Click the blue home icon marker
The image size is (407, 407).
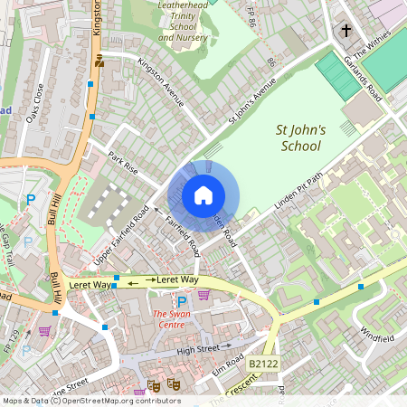pos(203,194)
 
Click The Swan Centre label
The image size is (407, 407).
pos(153,318)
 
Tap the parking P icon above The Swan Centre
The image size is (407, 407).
pos(182,301)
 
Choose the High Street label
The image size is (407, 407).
pos(198,349)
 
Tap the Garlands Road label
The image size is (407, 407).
pos(362,78)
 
